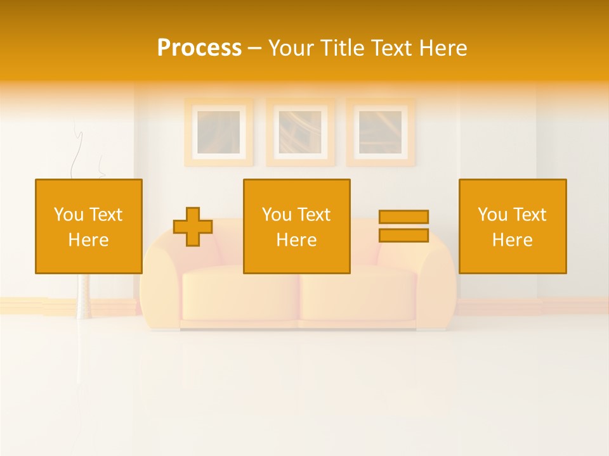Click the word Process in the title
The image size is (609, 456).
pyautogui.click(x=199, y=47)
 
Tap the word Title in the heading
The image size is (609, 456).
pyautogui.click(x=343, y=47)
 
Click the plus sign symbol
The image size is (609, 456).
pyautogui.click(x=193, y=227)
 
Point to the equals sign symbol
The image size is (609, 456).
pyautogui.click(x=403, y=226)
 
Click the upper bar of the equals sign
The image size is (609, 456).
pyautogui.click(x=403, y=217)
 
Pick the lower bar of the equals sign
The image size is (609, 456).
pyautogui.click(x=403, y=235)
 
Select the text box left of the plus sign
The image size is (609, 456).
pyautogui.click(x=89, y=227)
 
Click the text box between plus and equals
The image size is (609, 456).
pyautogui.click(x=297, y=227)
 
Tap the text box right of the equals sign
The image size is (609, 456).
pyautogui.click(x=513, y=227)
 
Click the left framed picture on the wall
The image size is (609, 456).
pyautogui.click(x=218, y=132)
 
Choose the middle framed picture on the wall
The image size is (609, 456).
pyautogui.click(x=300, y=132)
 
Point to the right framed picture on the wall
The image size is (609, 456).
pyautogui.click(x=381, y=132)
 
